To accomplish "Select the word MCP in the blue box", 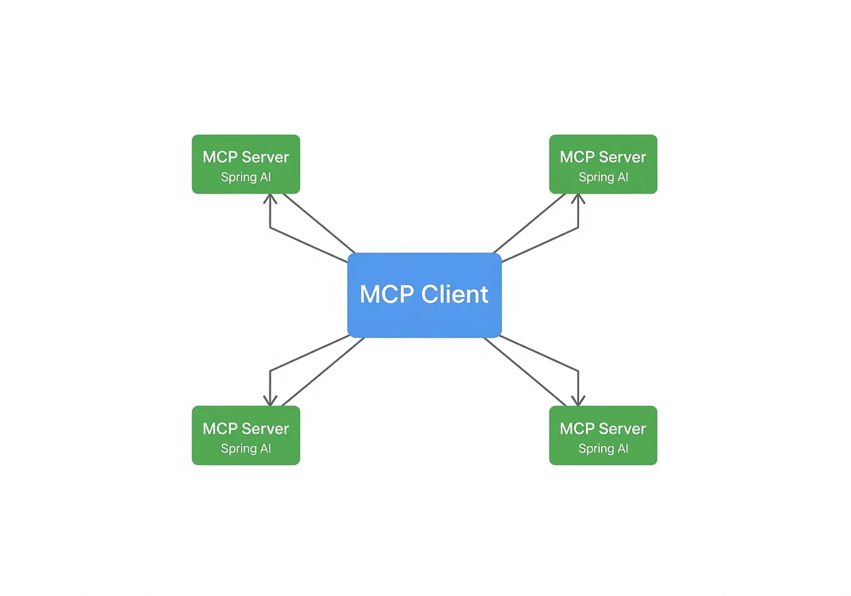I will (x=387, y=295).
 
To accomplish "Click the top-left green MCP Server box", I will (x=246, y=164).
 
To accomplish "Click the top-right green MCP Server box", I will (x=603, y=164).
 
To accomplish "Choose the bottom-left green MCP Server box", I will (x=246, y=436).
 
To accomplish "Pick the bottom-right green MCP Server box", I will (x=603, y=436).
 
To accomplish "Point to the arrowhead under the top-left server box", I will (x=270, y=199).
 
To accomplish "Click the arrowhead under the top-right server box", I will (x=578, y=199).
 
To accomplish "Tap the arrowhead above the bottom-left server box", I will (x=270, y=401).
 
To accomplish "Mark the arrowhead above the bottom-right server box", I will (x=578, y=401).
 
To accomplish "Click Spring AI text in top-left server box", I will (x=246, y=177).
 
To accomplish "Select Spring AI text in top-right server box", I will (x=603, y=177).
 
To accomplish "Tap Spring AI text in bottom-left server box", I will (x=246, y=449).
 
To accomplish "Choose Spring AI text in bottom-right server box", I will (x=603, y=449).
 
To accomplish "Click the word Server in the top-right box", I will (x=622, y=157).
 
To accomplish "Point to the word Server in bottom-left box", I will (x=264, y=429).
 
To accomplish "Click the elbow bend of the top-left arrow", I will (x=270, y=228).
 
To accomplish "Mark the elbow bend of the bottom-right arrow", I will (x=578, y=370).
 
